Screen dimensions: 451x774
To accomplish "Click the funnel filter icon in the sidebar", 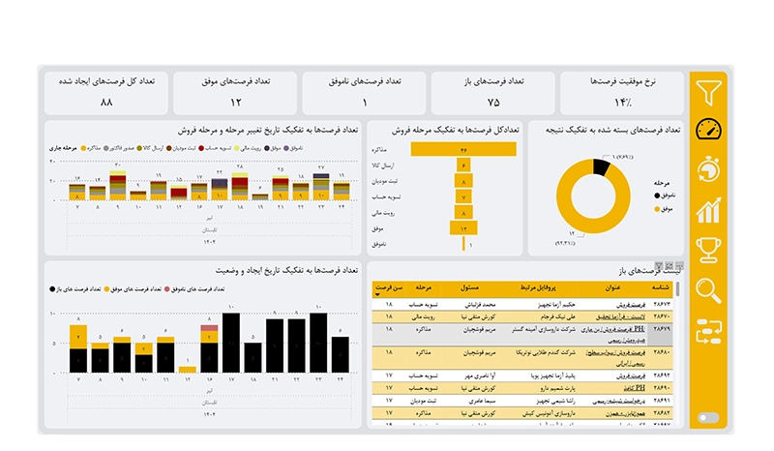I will click(x=709, y=91).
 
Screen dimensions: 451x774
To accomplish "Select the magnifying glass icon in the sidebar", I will click(x=709, y=289).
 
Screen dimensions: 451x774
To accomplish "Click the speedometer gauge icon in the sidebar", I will click(x=709, y=130).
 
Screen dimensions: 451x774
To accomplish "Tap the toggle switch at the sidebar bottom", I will click(x=708, y=418).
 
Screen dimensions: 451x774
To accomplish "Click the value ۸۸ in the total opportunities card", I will click(x=106, y=102).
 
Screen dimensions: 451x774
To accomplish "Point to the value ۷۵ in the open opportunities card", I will click(x=493, y=102).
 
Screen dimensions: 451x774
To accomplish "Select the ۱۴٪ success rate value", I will click(x=622, y=102).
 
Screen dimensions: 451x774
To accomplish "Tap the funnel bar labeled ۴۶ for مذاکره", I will click(x=464, y=150).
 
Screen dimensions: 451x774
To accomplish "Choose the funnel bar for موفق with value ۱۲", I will click(x=464, y=227).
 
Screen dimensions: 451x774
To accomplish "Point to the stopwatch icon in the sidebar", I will click(x=709, y=169).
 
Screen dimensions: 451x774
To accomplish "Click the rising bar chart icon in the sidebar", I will click(x=709, y=209).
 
